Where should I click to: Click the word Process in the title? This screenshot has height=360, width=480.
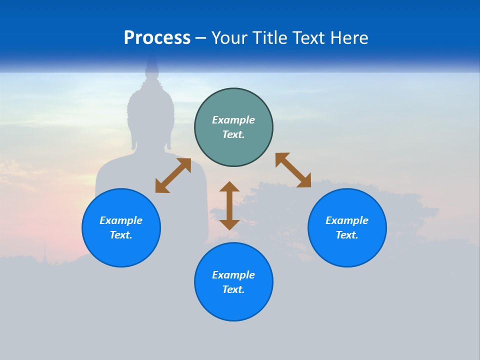[157, 38]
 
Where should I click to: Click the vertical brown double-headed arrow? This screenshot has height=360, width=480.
[229, 205]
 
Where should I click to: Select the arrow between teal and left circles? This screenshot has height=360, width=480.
[173, 175]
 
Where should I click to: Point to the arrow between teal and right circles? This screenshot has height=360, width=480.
[293, 170]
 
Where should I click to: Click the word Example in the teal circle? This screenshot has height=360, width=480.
[233, 120]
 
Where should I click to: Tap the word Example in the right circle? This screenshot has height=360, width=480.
[347, 220]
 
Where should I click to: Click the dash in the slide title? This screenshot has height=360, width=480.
[200, 38]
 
